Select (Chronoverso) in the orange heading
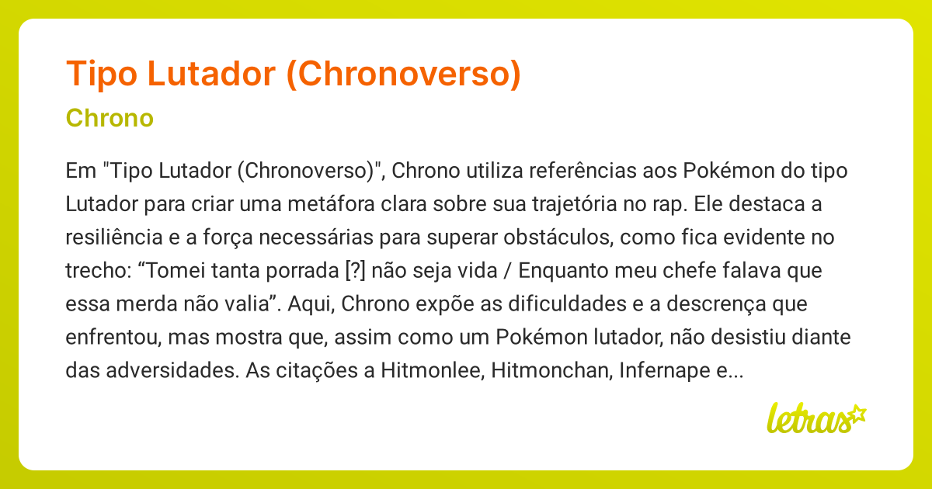pyautogui.click(x=403, y=73)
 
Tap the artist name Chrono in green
pyautogui.click(x=110, y=119)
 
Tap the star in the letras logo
pyautogui.click(x=857, y=413)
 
